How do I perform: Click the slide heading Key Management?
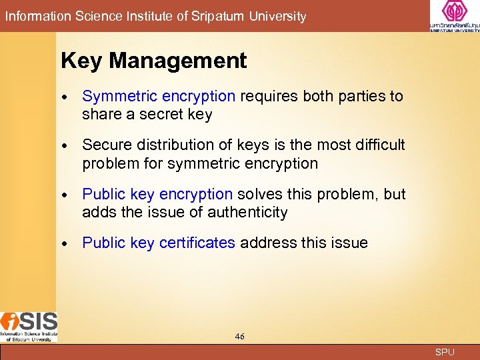pyautogui.click(x=153, y=61)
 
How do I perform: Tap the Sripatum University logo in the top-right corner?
pyautogui.click(x=454, y=16)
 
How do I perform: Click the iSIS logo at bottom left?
pyautogui.click(x=29, y=326)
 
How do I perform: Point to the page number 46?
pyautogui.click(x=240, y=337)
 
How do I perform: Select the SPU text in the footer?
pyautogui.click(x=445, y=352)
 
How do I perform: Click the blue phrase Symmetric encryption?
pyautogui.click(x=159, y=96)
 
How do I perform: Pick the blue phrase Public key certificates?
pyautogui.click(x=159, y=243)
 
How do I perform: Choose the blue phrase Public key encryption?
pyautogui.click(x=157, y=194)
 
